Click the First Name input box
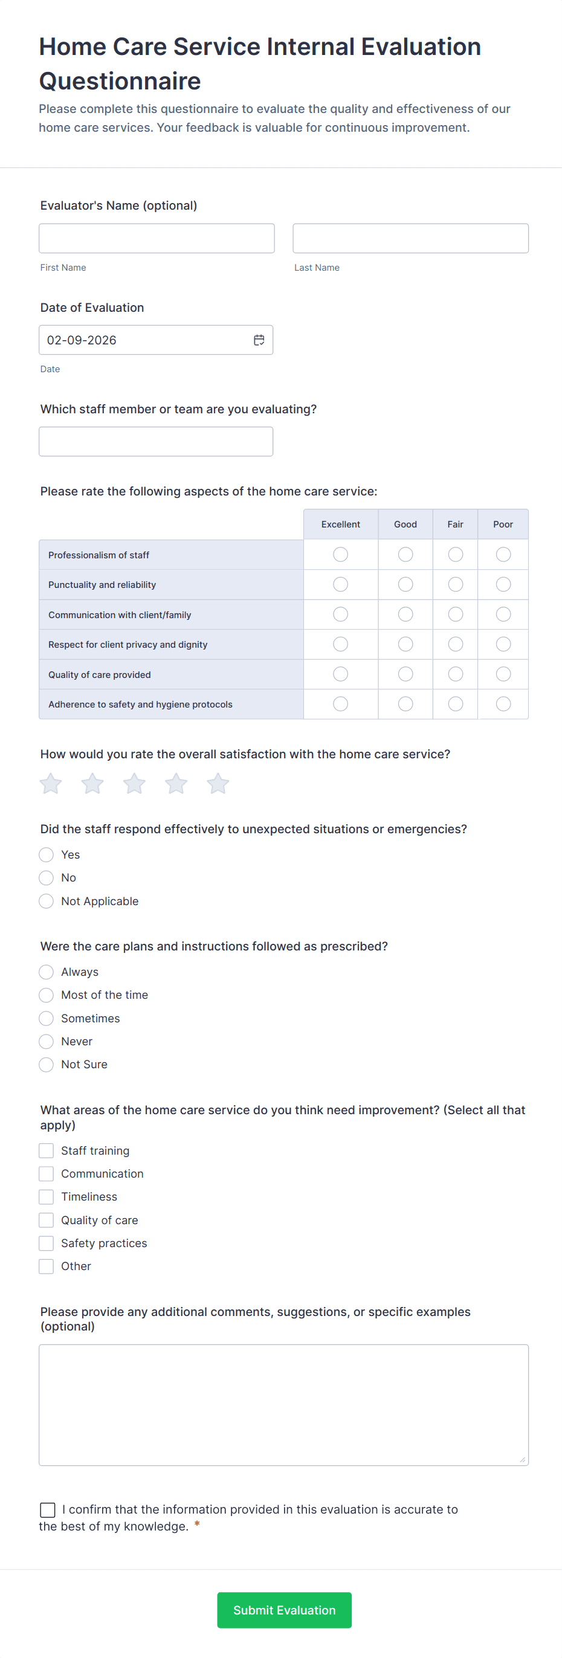[157, 238]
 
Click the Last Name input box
[410, 238]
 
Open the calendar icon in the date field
[259, 340]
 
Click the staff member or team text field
[156, 442]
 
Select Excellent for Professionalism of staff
[341, 554]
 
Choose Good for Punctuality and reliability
[405, 584]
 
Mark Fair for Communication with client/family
[455, 614]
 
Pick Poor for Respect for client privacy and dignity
[503, 644]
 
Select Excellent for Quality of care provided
[341, 674]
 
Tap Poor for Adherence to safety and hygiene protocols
[503, 704]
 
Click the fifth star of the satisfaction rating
[218, 783]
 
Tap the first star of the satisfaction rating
[51, 783]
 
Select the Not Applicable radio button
[47, 901]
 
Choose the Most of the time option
[47, 995]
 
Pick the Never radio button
[47, 1042]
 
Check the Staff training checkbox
[47, 1151]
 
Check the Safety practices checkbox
[47, 1243]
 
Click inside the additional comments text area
[283, 1404]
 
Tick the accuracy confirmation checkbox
[48, 1509]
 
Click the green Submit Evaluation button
[284, 1610]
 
